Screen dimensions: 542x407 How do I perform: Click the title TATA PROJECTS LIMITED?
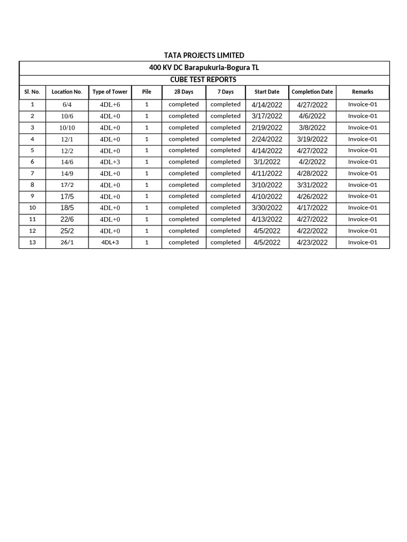[204, 56]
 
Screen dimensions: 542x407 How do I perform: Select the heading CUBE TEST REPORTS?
[204, 79]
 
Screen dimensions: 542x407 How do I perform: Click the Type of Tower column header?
[110, 92]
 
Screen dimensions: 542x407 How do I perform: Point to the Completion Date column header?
[312, 92]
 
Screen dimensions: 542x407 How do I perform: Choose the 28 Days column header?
[184, 92]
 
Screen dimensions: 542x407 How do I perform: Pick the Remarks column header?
[362, 92]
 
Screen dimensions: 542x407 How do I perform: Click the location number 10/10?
[67, 128]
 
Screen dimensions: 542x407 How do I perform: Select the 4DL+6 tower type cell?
[110, 105]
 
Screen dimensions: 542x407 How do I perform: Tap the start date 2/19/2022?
[267, 128]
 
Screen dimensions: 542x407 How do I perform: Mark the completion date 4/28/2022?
[312, 174]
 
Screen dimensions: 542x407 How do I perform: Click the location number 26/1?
[67, 242]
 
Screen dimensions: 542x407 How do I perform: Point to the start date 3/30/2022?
[267, 208]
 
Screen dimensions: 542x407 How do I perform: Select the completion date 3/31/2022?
[312, 185]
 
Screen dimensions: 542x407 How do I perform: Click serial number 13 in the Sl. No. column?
[32, 242]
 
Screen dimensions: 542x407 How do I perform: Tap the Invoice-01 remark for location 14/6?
[362, 162]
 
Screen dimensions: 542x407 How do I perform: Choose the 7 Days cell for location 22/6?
[225, 219]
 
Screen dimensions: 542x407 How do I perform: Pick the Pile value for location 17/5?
[147, 196]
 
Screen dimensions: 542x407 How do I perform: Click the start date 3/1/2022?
[267, 162]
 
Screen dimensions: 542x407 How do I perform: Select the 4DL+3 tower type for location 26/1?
[110, 242]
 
